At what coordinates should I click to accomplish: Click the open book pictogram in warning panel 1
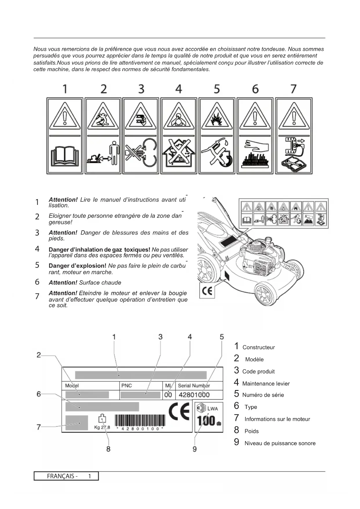coord(65,156)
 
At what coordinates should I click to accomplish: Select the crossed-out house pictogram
coord(179,154)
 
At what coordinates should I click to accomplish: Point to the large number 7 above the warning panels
coord(293,89)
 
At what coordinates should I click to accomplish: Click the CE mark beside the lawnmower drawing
coord(207,291)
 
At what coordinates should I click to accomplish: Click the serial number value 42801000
coord(194,395)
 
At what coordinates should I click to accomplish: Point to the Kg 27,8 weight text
coord(102,427)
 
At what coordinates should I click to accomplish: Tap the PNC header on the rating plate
coord(126,386)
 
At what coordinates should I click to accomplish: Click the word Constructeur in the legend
coord(258,347)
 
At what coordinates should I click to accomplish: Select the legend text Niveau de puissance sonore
coord(280,443)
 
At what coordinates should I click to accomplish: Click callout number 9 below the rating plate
coord(195,449)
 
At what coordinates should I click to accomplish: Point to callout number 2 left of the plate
coord(39,355)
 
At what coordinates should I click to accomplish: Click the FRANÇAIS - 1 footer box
coord(66,476)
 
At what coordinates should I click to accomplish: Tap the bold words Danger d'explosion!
coord(77,266)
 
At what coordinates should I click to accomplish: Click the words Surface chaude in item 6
coord(100,283)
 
